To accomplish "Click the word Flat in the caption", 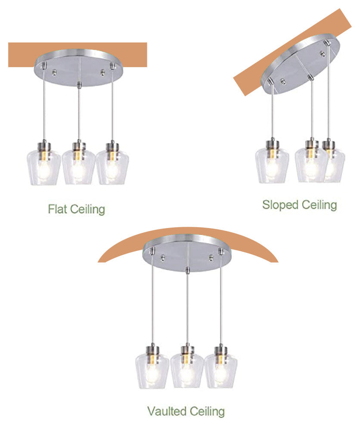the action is click(57, 209).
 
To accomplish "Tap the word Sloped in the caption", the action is click(280, 205).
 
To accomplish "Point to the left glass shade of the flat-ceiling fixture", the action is click(43, 167).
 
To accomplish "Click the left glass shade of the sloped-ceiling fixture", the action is click(272, 165).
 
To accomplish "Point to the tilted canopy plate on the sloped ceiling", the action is click(301, 64).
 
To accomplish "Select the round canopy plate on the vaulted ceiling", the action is click(187, 253).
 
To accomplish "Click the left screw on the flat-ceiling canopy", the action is click(54, 72).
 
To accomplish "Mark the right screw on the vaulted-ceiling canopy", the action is click(211, 258).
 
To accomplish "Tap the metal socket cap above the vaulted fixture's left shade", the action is click(152, 350).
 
